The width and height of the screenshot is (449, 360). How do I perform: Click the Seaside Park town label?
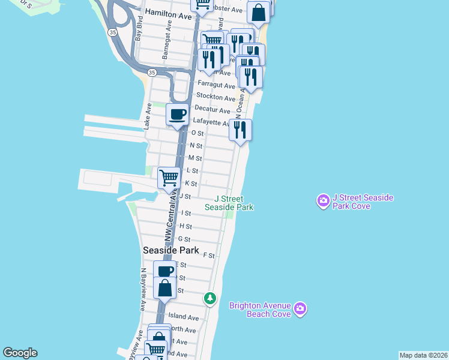point(170,250)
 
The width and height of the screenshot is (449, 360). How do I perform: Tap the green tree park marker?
point(209,298)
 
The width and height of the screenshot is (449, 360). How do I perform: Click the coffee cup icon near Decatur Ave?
point(177,114)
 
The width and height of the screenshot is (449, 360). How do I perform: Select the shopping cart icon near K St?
point(169,178)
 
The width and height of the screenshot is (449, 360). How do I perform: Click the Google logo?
point(20,353)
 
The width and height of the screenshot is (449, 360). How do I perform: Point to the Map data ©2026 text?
point(423,355)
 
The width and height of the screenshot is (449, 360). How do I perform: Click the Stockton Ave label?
point(216,98)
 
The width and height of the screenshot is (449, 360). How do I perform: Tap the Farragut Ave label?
point(216,86)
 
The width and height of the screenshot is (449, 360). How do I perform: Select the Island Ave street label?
point(183,317)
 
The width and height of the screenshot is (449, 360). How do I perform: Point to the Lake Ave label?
point(147,116)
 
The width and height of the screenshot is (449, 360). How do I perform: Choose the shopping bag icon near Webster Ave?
point(258,13)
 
